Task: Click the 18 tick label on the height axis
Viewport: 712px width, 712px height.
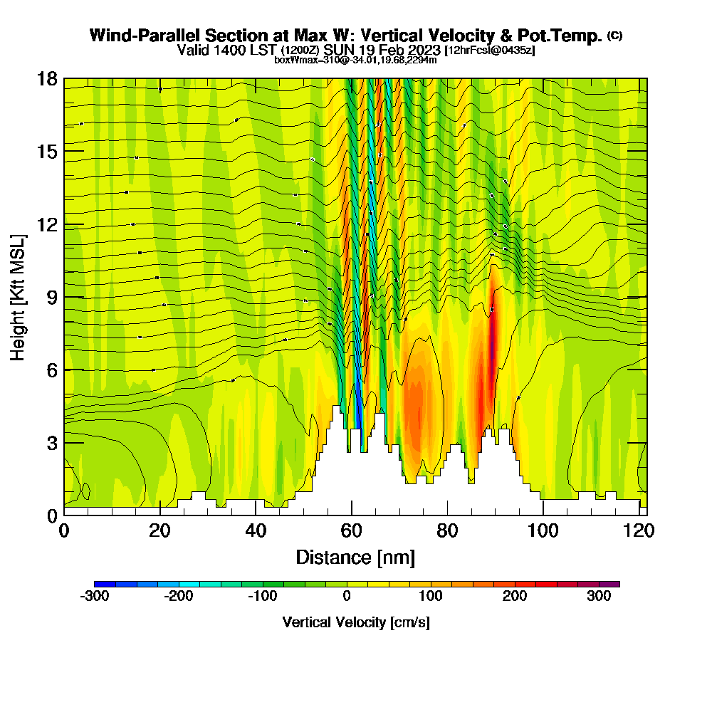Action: (x=46, y=78)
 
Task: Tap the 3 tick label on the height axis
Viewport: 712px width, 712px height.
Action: (x=51, y=442)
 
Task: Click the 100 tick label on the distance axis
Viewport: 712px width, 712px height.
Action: (x=543, y=531)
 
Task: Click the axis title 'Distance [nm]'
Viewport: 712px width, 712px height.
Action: (x=355, y=557)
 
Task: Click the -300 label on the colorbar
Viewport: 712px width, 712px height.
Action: (x=95, y=596)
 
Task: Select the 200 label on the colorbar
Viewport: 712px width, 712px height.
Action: (x=515, y=596)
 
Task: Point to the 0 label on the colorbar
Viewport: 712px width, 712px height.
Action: (x=347, y=596)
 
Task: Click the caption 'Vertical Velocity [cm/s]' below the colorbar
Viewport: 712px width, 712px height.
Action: (x=355, y=622)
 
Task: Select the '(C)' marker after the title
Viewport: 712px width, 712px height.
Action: (x=614, y=36)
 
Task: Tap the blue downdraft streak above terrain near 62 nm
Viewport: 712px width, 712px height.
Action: (x=358, y=413)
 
